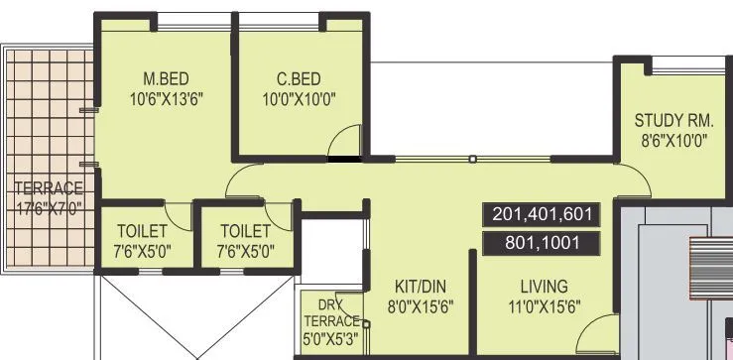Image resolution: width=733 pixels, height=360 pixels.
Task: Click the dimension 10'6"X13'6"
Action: (167, 99)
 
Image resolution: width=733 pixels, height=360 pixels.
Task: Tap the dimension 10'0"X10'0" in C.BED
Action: (299, 99)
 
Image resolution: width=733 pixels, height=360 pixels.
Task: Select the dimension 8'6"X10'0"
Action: (674, 142)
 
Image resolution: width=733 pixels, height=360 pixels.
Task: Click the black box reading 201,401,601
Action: (542, 214)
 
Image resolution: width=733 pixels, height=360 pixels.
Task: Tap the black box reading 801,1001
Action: (542, 243)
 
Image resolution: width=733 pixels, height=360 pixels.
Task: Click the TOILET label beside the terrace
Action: (142, 231)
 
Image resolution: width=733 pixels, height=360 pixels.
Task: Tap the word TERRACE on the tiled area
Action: (48, 188)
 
